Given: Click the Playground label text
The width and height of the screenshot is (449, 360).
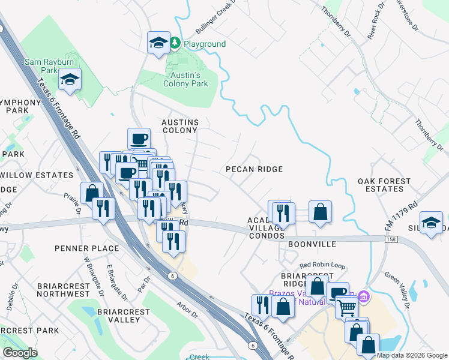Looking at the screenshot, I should (x=205, y=44).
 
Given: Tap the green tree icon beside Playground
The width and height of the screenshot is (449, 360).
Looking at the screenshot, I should (x=175, y=43).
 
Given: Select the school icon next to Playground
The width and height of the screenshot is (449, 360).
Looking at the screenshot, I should (x=158, y=42).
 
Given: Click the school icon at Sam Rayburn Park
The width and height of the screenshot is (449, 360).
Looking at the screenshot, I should (x=70, y=79).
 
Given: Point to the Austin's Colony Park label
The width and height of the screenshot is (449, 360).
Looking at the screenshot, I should (x=185, y=79).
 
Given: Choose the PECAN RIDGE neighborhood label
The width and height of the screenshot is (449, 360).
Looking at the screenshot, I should (x=254, y=169).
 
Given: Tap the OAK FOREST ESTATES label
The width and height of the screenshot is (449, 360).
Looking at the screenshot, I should (x=384, y=185).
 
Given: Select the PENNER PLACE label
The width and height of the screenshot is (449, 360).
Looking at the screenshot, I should (x=86, y=248).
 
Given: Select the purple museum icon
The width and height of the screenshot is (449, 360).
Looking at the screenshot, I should (x=363, y=296).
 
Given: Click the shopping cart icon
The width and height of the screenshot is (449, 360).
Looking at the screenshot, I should (x=346, y=308).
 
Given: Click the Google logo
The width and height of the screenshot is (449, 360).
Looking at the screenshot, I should (x=20, y=353).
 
